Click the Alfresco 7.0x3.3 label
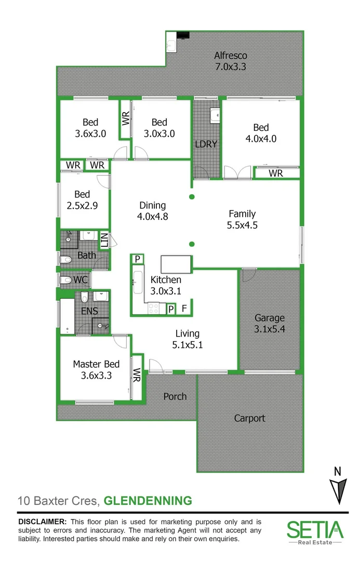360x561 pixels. point(231,61)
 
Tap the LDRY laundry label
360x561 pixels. point(206,144)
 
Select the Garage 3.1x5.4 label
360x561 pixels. point(270,323)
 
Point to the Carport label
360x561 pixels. point(249,418)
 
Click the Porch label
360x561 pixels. point(175,396)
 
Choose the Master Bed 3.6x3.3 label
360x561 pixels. point(96,369)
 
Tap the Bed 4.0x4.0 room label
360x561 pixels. point(261,133)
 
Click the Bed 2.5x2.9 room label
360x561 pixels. point(83,199)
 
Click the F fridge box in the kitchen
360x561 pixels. point(184,309)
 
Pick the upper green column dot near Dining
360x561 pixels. point(192,196)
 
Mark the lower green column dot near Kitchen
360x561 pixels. point(192,244)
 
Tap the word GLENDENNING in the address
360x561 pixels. point(148,501)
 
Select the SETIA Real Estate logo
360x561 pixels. point(315,532)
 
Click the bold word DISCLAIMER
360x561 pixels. point(42,521)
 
